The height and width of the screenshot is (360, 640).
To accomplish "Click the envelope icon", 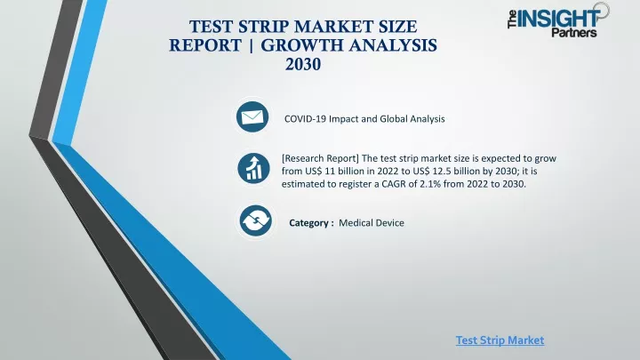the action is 252,116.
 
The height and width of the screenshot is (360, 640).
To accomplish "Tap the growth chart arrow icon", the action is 253,168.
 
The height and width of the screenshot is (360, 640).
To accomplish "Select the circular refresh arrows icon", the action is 255,220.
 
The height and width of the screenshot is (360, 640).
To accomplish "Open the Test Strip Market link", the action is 500,340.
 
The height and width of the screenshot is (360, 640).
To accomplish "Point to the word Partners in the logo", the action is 574,32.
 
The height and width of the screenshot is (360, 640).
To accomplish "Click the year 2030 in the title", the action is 303,64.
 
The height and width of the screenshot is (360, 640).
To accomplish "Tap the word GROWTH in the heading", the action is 301,45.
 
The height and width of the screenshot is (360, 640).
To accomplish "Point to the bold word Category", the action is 308,223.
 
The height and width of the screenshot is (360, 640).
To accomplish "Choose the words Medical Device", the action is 372,223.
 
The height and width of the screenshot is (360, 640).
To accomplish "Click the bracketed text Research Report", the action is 320,158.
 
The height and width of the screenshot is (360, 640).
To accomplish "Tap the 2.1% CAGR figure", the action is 430,184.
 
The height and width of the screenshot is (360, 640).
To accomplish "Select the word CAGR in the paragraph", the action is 394,184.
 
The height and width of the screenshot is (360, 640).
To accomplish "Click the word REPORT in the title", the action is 205,45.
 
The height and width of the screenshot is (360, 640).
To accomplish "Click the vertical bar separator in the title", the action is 251,45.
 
